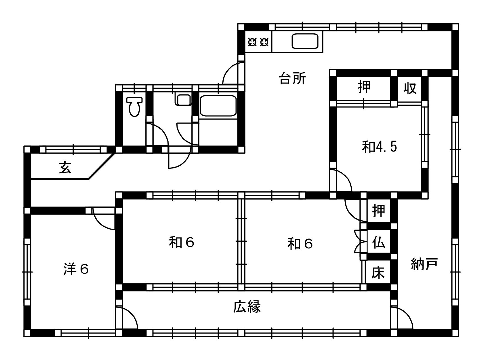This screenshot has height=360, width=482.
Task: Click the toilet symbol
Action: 134,107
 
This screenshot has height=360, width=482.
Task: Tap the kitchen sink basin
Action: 305,41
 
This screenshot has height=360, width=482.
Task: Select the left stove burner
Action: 252,42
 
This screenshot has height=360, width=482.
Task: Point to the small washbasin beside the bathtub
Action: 184,100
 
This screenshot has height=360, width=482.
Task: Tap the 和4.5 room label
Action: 379,147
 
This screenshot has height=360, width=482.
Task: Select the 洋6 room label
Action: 76,269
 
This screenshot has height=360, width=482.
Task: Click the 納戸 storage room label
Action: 424,264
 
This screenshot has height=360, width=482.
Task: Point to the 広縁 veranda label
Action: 247,307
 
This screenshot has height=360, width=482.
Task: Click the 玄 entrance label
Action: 65,167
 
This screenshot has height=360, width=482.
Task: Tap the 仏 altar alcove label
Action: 379,243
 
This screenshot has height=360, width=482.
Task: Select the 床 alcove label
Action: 378,273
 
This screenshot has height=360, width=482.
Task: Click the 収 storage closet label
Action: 410,88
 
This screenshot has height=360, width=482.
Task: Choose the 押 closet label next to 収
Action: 364,87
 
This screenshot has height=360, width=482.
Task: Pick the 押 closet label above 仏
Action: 379,210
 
